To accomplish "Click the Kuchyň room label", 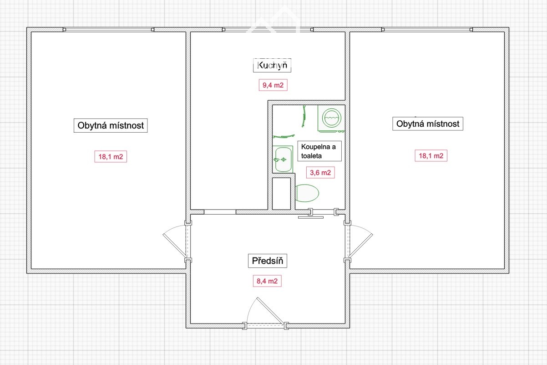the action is pyautogui.click(x=272, y=65).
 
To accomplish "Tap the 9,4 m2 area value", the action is pyautogui.click(x=273, y=85).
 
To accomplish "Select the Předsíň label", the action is pyautogui.click(x=268, y=261).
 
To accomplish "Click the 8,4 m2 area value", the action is pyautogui.click(x=267, y=281).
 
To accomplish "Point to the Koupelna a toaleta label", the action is pyautogui.click(x=319, y=151).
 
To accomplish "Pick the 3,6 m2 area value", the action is pyautogui.click(x=320, y=173).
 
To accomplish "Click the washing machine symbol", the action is pyautogui.click(x=331, y=118).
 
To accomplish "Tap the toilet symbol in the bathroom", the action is pyautogui.click(x=307, y=193).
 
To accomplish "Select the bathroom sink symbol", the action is pyautogui.click(x=283, y=159).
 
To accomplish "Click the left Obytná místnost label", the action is pyautogui.click(x=111, y=125).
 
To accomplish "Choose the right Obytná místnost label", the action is pyautogui.click(x=428, y=123).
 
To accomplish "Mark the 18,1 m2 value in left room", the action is pyautogui.click(x=111, y=156).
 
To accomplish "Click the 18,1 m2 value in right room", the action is pyautogui.click(x=431, y=156).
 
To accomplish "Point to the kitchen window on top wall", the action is pyautogui.click(x=268, y=30).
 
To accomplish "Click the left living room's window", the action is pyautogui.click(x=108, y=30).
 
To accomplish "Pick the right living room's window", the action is pyautogui.click(x=427, y=30).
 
